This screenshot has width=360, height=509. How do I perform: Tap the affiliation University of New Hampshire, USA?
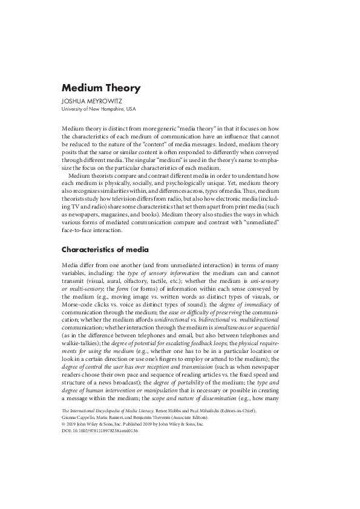(99, 109)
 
